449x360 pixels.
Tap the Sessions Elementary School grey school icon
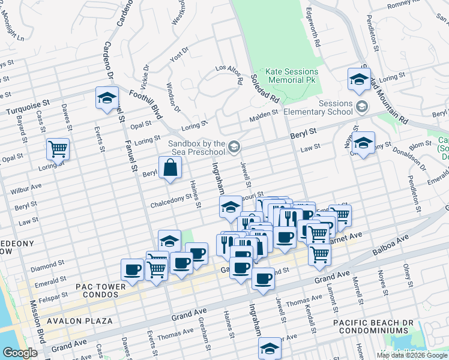point(362,107)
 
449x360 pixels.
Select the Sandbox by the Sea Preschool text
point(196,148)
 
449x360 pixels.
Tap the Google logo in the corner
point(20,353)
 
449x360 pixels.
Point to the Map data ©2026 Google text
point(412,355)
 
